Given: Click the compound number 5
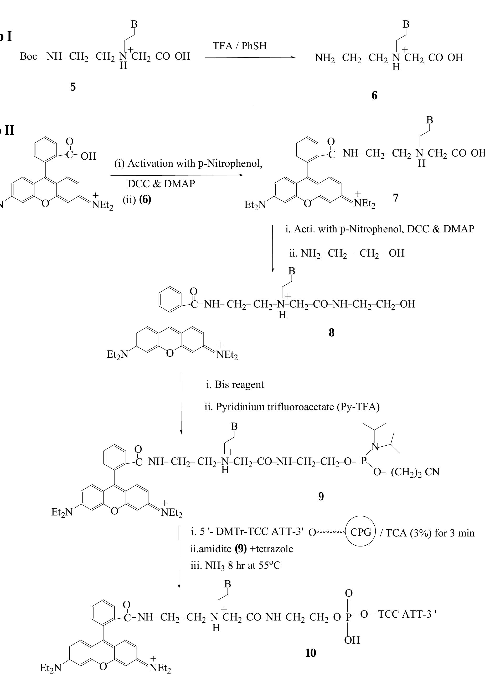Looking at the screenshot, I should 73,87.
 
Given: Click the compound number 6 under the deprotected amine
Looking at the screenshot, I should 374,96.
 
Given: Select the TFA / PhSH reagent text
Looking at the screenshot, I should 240,46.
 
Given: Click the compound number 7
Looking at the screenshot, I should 396,198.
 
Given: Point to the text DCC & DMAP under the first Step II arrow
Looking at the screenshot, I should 161,184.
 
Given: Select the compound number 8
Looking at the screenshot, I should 331,332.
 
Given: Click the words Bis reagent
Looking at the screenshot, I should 239,384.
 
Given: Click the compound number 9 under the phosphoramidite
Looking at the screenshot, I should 321,496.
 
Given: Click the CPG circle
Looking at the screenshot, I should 361,532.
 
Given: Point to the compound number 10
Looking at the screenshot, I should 311,653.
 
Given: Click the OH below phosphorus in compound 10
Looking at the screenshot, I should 352,640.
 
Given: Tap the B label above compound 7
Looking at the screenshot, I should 430,120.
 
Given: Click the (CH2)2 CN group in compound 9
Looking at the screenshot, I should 415,472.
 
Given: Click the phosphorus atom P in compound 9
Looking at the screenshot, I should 363,461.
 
